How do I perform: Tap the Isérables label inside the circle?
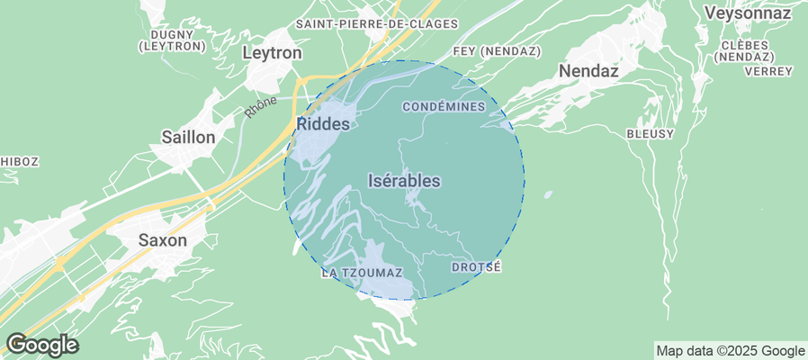click(x=405, y=181)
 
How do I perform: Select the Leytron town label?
click(x=272, y=53)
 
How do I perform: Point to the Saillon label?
click(x=188, y=138)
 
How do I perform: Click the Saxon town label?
click(x=162, y=240)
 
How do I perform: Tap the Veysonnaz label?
click(x=748, y=13)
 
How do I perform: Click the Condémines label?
click(x=444, y=107)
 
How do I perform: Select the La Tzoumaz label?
click(x=362, y=272)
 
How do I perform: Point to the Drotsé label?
click(x=475, y=267)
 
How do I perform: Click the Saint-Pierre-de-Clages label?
click(x=377, y=23)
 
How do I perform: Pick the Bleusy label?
click(x=650, y=133)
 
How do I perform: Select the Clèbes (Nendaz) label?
click(x=745, y=50)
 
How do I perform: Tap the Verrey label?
click(x=769, y=71)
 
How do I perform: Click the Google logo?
click(x=41, y=344)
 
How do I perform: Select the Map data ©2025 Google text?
click(x=730, y=351)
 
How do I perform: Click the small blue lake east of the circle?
click(x=547, y=194)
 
